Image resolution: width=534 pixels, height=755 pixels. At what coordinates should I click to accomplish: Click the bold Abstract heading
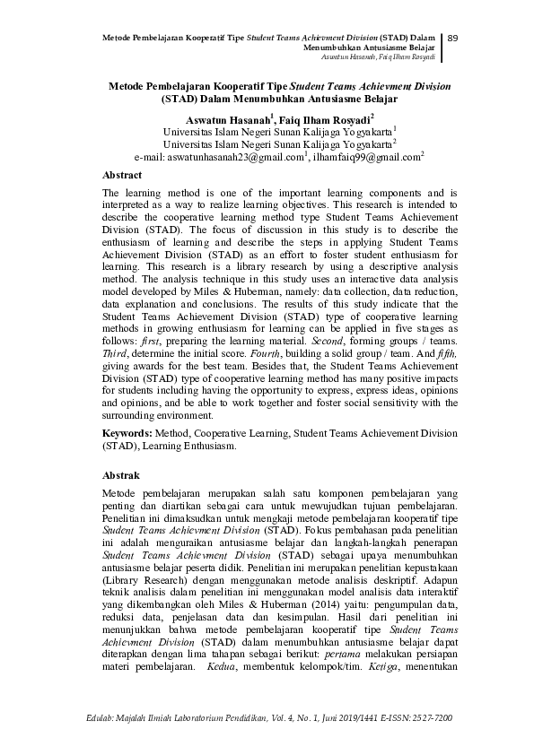pos(123,175)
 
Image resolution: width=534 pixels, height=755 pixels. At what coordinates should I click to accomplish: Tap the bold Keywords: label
pos(133,432)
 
